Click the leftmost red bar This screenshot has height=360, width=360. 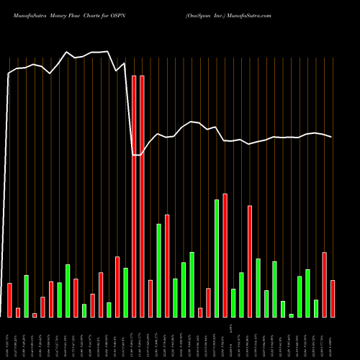(10, 300)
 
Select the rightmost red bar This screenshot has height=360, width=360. (333, 299)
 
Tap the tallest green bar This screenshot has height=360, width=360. (217, 258)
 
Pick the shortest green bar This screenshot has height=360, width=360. (292, 315)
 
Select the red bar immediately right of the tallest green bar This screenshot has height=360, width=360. (225, 256)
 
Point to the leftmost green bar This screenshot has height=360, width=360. (27, 296)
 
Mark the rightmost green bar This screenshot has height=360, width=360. (316, 308)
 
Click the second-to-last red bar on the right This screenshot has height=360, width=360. (325, 285)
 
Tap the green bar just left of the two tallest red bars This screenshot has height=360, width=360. (126, 292)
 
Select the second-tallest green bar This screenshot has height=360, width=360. (159, 271)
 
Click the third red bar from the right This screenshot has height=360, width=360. (250, 261)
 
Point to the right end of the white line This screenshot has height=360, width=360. (332, 137)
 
